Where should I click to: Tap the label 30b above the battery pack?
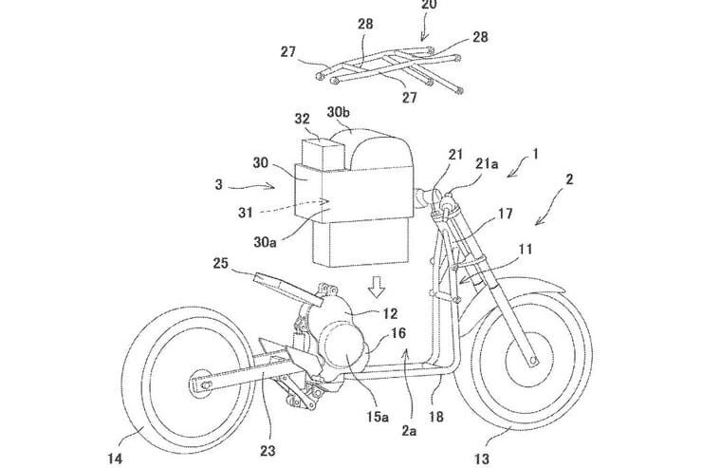click(x=339, y=112)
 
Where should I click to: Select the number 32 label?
click(x=302, y=119)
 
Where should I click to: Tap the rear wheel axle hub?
click(x=203, y=383)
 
